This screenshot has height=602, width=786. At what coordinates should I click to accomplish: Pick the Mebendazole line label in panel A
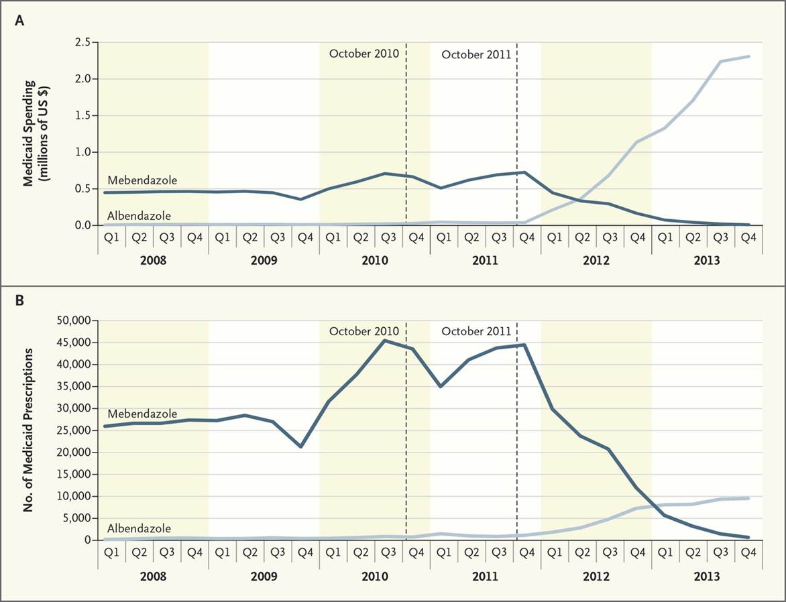coord(142,180)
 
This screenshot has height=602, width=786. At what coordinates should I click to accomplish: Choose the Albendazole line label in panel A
coord(139,216)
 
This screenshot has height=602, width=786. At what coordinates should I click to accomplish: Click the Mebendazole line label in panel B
coord(142,414)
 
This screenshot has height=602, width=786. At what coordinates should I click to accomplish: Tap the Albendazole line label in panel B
coord(139,529)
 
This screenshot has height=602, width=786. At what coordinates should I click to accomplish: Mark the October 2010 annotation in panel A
coord(363,53)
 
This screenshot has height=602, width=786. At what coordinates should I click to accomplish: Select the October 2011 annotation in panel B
coord(476,331)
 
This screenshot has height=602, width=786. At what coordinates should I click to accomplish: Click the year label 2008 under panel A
coord(153,259)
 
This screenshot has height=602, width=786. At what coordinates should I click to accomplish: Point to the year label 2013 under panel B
coord(706,576)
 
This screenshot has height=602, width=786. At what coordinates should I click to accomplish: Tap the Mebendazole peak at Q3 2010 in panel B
coord(384,341)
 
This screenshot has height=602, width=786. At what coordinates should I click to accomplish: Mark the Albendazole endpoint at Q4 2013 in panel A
coord(749,56)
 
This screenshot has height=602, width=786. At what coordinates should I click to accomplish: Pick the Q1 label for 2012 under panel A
coord(555,239)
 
